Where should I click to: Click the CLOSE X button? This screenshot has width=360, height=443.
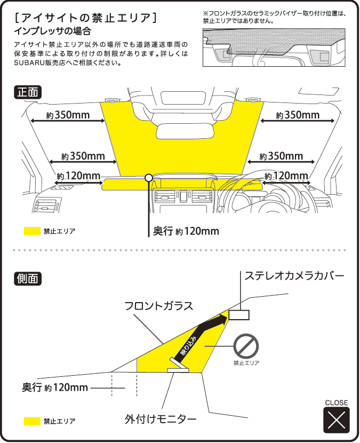pyautogui.click(x=336, y=419)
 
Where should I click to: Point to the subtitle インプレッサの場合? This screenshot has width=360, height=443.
pyautogui.click(x=52, y=31)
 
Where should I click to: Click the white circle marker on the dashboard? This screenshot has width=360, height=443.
pyautogui.click(x=149, y=177)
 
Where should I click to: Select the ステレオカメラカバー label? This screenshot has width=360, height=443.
pyautogui.click(x=294, y=276)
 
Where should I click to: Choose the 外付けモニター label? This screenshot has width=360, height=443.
pyautogui.click(x=160, y=419)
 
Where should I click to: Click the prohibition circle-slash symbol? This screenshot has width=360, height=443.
pyautogui.click(x=246, y=347)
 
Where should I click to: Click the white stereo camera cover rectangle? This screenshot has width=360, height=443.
pyautogui.click(x=239, y=315)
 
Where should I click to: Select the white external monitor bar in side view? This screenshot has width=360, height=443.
pyautogui.click(x=178, y=369)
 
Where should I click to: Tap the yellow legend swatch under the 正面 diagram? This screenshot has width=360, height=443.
pyautogui.click(x=33, y=231)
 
